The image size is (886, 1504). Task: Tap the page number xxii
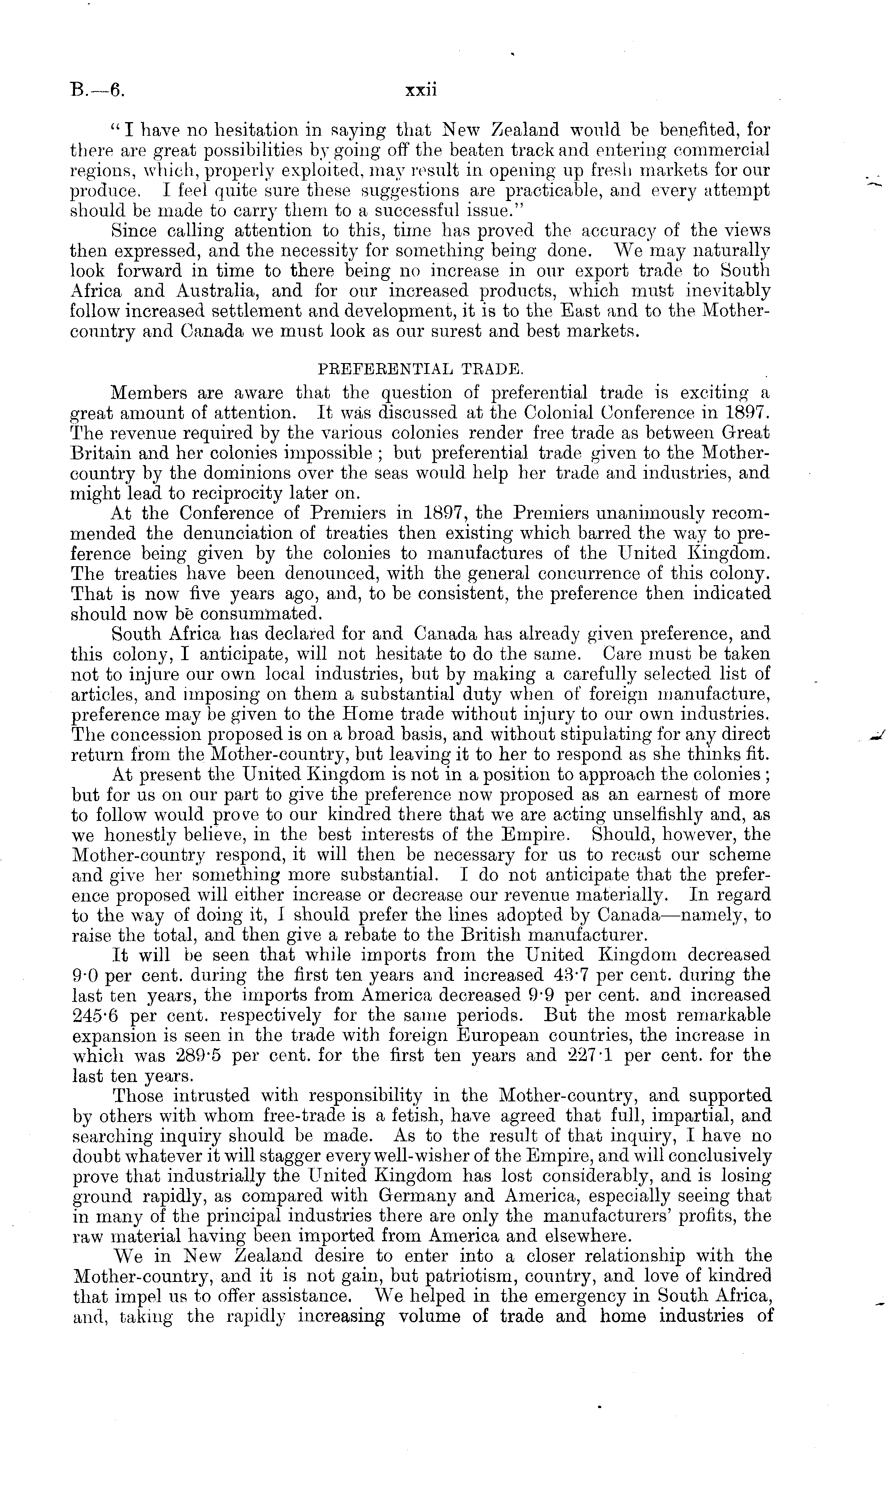421,91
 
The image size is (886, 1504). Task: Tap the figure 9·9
543,995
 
